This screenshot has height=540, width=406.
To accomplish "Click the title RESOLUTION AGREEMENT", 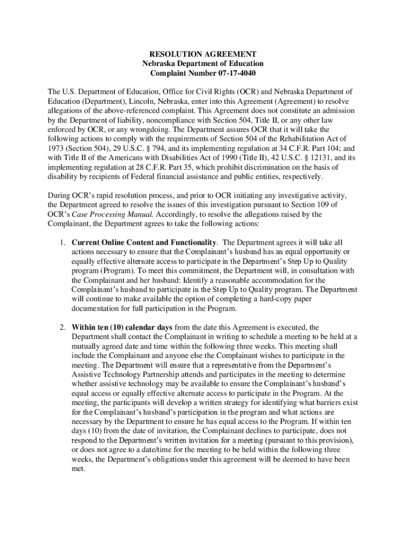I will coord(203,54).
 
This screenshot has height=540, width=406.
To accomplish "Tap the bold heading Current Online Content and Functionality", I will coord(143,243).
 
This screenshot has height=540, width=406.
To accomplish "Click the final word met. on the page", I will coord(78,469).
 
